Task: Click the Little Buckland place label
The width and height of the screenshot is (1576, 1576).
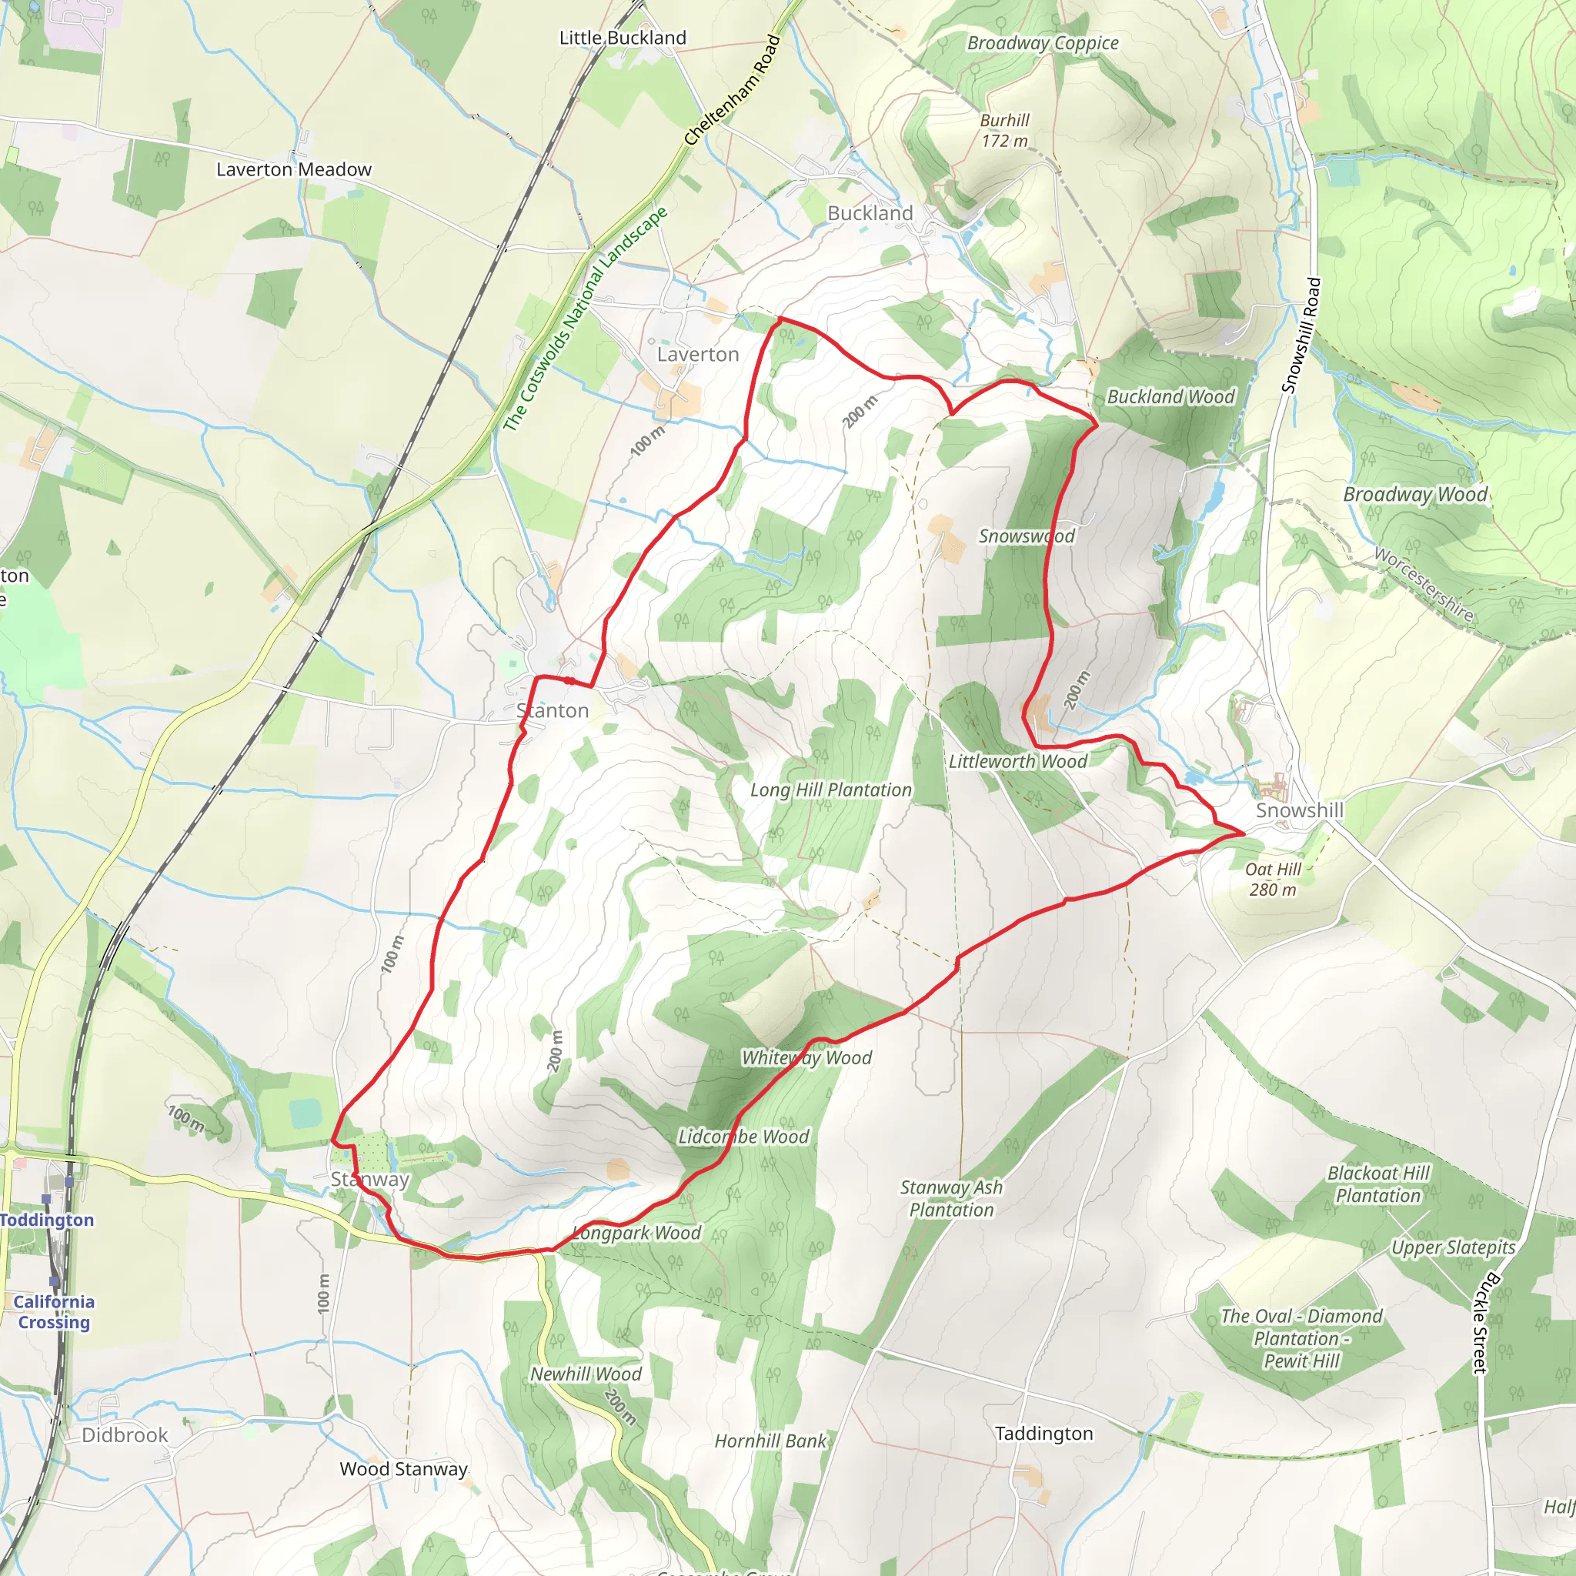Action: tap(623, 38)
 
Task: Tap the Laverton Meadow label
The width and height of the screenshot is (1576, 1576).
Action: tap(294, 169)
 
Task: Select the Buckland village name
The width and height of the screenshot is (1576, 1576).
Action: tap(870, 213)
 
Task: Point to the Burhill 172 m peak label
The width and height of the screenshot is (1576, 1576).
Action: tap(1004, 131)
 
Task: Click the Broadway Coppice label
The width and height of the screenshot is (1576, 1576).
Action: tap(1043, 43)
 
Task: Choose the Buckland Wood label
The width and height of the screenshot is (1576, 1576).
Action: tap(1170, 396)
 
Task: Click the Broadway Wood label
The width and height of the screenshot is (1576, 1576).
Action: tap(1415, 494)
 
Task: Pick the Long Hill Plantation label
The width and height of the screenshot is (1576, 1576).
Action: tap(830, 790)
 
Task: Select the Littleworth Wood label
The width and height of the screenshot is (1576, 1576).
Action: tap(1017, 761)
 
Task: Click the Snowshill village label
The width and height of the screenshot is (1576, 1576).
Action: tap(1299, 810)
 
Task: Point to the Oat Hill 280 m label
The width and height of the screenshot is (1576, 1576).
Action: tap(1273, 880)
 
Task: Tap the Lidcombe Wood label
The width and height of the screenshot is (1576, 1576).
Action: tap(743, 1137)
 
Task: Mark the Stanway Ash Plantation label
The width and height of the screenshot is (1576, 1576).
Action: tap(951, 1198)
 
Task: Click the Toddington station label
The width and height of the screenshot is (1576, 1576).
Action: tap(47, 1220)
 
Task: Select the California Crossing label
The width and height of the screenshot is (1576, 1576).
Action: tap(54, 1312)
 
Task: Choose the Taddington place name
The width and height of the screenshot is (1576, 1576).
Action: tap(1043, 1433)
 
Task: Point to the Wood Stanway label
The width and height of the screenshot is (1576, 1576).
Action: tap(404, 1469)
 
